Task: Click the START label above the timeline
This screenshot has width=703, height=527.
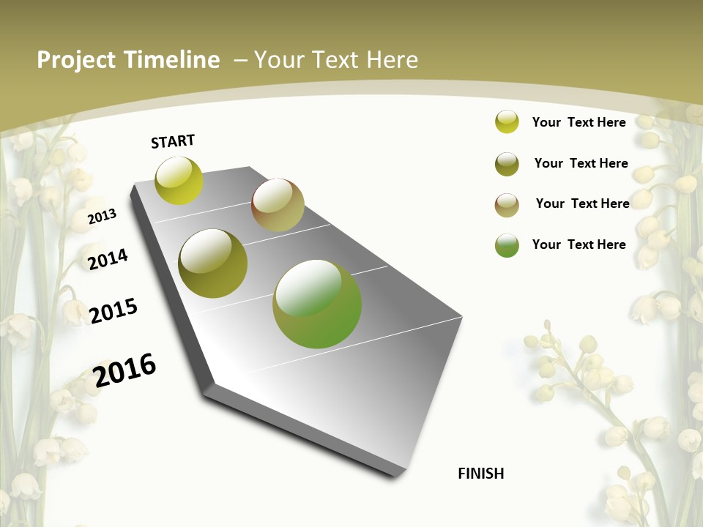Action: pyautogui.click(x=173, y=141)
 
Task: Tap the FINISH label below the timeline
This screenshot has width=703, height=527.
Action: pyautogui.click(x=481, y=474)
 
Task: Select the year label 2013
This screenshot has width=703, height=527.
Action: pyautogui.click(x=103, y=216)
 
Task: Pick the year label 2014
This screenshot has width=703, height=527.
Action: pyautogui.click(x=108, y=259)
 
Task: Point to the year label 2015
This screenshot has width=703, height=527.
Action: pyautogui.click(x=114, y=311)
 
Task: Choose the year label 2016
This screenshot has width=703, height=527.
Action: pyautogui.click(x=124, y=370)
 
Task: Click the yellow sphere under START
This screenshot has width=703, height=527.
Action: pyautogui.click(x=179, y=181)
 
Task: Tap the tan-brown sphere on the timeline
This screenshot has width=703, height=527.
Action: pyautogui.click(x=278, y=204)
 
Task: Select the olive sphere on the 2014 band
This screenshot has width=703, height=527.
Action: pyautogui.click(x=213, y=263)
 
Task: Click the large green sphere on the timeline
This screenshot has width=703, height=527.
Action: pyautogui.click(x=317, y=304)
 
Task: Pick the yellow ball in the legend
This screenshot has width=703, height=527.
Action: pyautogui.click(x=507, y=122)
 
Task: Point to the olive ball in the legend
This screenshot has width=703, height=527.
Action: pyautogui.click(x=507, y=164)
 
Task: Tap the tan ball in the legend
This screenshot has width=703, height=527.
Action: pyautogui.click(x=507, y=205)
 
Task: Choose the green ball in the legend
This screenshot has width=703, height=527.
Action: pyautogui.click(x=507, y=245)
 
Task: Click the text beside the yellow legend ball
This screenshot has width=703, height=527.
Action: pyautogui.click(x=579, y=122)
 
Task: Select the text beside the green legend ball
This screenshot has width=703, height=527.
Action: pyautogui.click(x=579, y=244)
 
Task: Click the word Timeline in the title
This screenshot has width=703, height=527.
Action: pyautogui.click(x=173, y=60)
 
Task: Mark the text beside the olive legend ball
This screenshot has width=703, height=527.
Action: pyautogui.click(x=581, y=163)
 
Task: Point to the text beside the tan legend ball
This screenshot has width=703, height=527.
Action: pyautogui.click(x=582, y=203)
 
